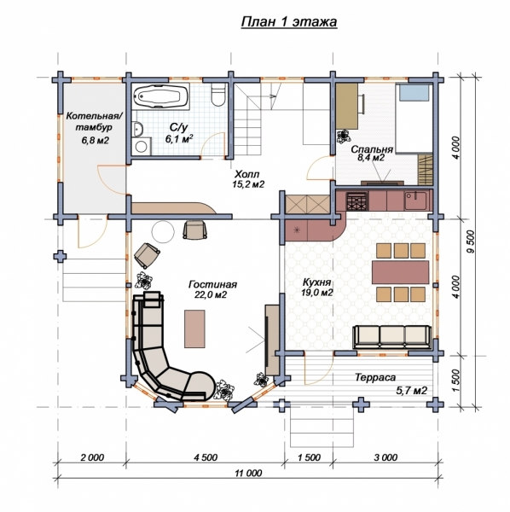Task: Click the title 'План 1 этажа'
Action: coord(289,22)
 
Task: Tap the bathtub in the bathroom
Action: coord(160,96)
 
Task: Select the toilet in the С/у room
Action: coord(218,95)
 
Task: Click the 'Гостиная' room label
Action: coord(212,284)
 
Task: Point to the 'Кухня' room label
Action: coord(317,282)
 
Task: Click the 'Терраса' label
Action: coord(375,377)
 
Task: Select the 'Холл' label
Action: coord(247,174)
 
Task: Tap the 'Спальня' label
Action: coord(372,149)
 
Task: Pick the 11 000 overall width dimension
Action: coord(248,473)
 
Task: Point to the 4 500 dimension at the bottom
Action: coord(206,457)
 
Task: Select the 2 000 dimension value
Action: coord(92,457)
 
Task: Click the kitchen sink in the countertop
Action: coord(415,201)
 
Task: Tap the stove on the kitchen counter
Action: coord(357,201)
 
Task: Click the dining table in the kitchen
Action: coord(400,272)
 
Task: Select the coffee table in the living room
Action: coord(194,329)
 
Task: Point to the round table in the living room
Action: coord(163,231)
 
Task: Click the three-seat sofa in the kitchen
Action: coord(392,337)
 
